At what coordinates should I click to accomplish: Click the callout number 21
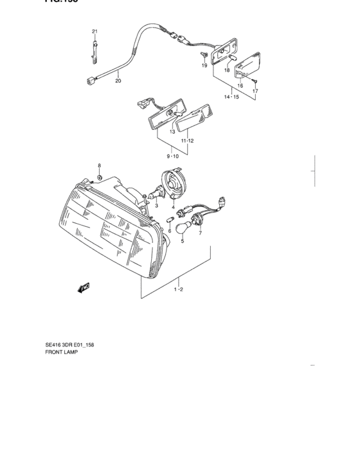(x=94, y=32)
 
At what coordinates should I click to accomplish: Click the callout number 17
(x=255, y=91)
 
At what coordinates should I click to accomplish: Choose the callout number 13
(x=172, y=131)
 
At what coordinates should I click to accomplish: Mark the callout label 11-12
(x=188, y=140)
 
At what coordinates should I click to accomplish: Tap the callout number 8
(x=100, y=165)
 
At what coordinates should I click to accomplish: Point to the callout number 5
(x=182, y=241)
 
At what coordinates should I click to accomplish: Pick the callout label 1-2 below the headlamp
(x=179, y=290)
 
